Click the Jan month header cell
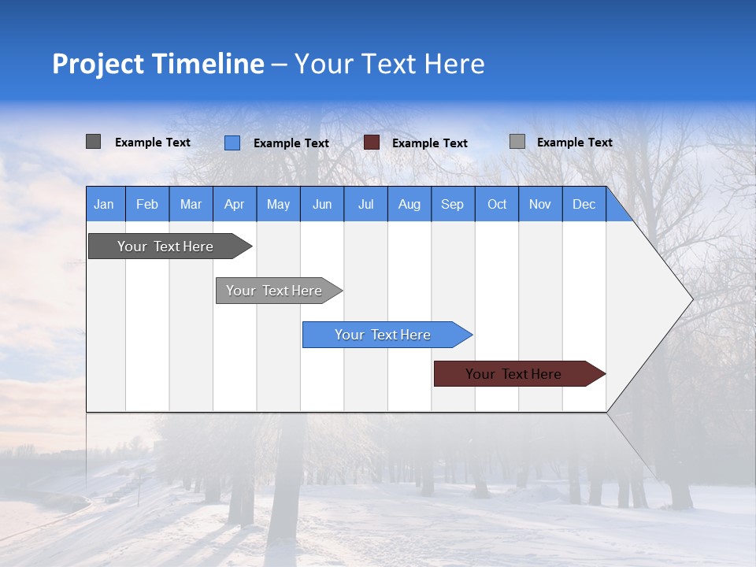click(x=105, y=204)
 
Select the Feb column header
click(x=147, y=204)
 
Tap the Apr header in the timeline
click(x=235, y=204)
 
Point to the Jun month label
click(x=322, y=204)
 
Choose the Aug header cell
click(x=409, y=204)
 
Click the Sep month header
click(x=453, y=204)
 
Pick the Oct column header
click(x=497, y=204)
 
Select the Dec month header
click(x=584, y=204)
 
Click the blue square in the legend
click(x=232, y=143)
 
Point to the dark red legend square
click(x=372, y=143)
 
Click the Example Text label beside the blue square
click(x=291, y=143)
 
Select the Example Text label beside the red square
click(x=430, y=143)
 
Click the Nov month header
click(x=540, y=204)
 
